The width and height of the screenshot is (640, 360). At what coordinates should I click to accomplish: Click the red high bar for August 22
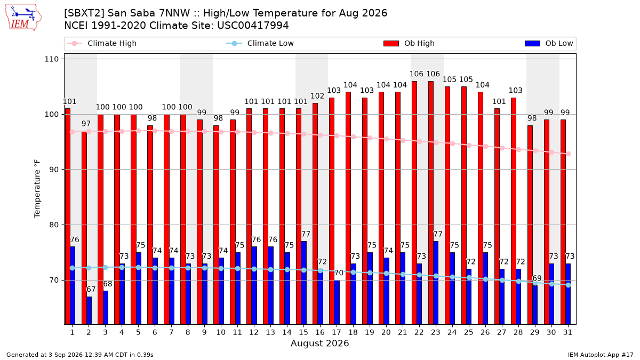pos(414,203)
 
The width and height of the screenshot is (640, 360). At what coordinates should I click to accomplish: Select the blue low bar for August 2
pos(89,310)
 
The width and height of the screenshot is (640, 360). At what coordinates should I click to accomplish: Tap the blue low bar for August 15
pos(303,283)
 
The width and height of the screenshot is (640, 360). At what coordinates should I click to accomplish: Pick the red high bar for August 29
pos(530,225)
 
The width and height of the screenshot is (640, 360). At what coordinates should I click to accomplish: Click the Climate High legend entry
pos(101,43)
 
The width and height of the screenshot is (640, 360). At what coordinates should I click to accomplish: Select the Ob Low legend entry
pos(549,43)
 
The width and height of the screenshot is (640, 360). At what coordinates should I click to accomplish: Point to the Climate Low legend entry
pos(260,43)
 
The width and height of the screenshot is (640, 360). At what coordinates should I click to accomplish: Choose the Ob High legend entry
pos(409,43)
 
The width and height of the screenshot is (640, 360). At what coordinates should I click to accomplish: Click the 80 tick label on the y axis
pos(53,225)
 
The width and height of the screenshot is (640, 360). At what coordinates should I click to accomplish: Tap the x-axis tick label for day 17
pos(337,332)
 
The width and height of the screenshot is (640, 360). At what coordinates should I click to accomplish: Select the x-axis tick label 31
pos(567,332)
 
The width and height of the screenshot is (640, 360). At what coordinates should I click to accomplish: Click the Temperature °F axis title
pos(37,189)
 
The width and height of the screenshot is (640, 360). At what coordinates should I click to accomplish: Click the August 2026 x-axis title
pos(319,343)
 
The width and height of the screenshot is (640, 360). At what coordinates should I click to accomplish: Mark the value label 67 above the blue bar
pos(91,290)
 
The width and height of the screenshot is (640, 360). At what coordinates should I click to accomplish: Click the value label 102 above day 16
pos(317,96)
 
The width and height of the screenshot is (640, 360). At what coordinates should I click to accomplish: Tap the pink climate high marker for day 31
pos(569,154)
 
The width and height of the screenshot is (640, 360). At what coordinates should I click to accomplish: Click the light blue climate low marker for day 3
pos(106,267)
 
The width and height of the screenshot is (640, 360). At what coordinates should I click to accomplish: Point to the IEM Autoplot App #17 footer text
pos(601,355)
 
